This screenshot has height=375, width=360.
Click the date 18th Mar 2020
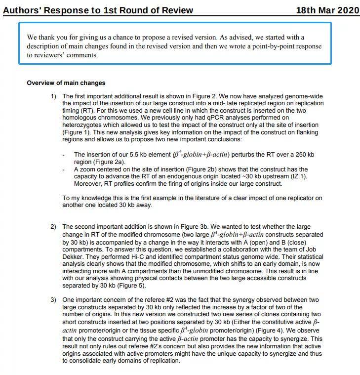point(327,10)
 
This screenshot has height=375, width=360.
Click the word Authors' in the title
point(23,10)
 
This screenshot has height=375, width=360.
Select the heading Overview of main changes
point(66,83)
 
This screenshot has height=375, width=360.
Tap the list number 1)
point(54,96)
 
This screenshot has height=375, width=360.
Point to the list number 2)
point(54,227)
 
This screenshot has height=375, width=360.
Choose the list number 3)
point(54,300)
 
